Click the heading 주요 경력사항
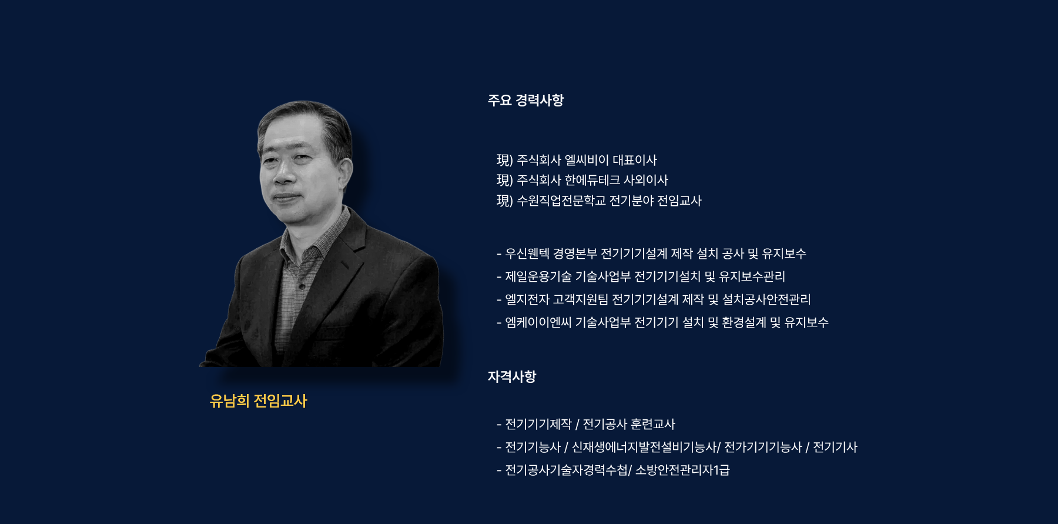coord(525,101)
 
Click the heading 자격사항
coord(512,377)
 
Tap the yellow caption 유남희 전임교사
coord(259,401)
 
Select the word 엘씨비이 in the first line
coord(587,160)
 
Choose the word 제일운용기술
coord(538,276)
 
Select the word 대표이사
coord(635,160)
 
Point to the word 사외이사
coord(646,180)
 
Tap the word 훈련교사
coord(653,424)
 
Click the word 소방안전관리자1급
coord(682,470)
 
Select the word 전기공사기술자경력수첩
coord(567,470)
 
